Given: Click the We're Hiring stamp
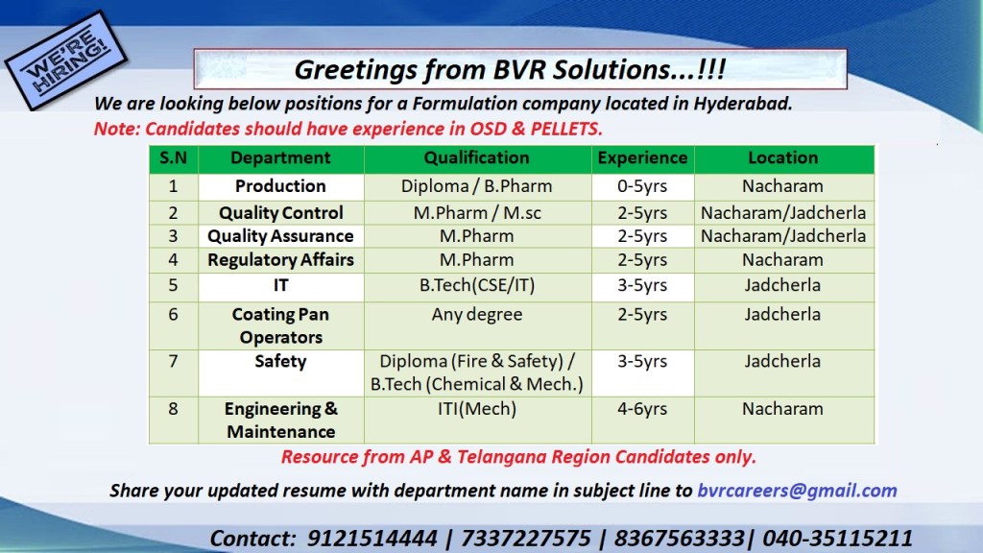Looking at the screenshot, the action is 65,60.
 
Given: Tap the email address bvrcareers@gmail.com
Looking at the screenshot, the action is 797,491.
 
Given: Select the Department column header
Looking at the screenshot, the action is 280,158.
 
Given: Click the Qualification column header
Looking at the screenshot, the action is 476,158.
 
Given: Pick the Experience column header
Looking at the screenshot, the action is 642,158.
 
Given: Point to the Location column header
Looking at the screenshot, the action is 783,158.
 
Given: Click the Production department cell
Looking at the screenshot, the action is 280,186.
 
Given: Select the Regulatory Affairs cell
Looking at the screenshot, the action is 280,260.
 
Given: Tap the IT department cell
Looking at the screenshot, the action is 280,286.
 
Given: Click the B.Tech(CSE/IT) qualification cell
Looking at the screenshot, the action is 477,286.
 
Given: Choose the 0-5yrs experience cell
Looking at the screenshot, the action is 642,187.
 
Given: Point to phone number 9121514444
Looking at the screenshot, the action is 372,539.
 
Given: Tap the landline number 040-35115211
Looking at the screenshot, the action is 837,539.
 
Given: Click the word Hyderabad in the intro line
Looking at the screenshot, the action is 743,104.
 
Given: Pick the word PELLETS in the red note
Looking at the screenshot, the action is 566,130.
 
